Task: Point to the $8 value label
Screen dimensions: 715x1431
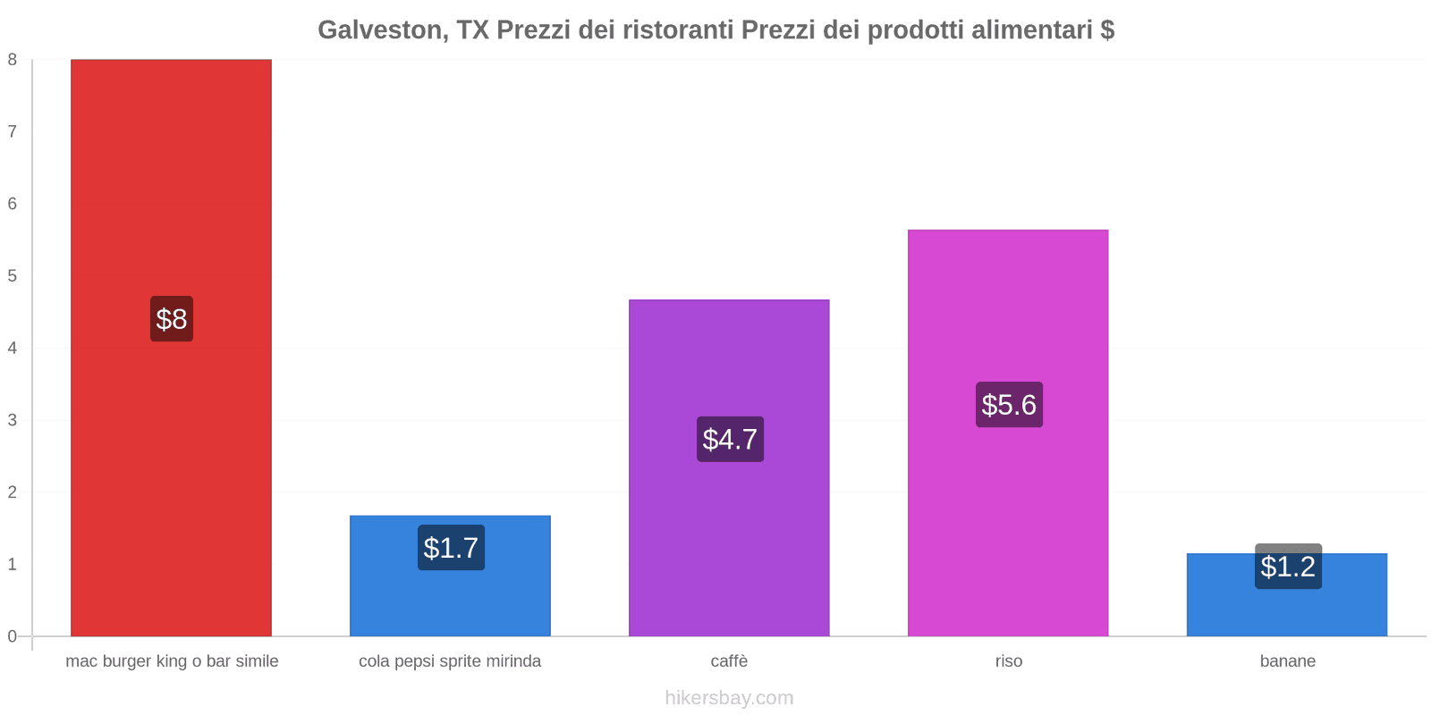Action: (x=171, y=319)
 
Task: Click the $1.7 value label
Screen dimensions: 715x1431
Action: (x=451, y=548)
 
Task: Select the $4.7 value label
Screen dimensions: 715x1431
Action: (x=730, y=439)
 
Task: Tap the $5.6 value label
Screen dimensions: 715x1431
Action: (x=1009, y=405)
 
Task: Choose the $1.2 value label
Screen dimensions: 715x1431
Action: (x=1288, y=567)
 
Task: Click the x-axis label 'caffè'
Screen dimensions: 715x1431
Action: (x=729, y=661)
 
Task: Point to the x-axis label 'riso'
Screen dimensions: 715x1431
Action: (x=1008, y=661)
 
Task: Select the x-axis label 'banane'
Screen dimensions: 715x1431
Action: (x=1287, y=661)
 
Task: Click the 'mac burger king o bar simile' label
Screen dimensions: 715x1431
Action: (x=172, y=661)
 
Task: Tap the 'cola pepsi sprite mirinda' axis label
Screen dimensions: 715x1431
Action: (x=450, y=661)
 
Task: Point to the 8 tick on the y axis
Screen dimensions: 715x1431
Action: (x=13, y=60)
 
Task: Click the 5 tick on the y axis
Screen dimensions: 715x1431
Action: (x=13, y=276)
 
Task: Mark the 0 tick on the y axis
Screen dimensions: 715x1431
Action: (x=13, y=636)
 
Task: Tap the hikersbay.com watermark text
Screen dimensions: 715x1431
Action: (x=729, y=698)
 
